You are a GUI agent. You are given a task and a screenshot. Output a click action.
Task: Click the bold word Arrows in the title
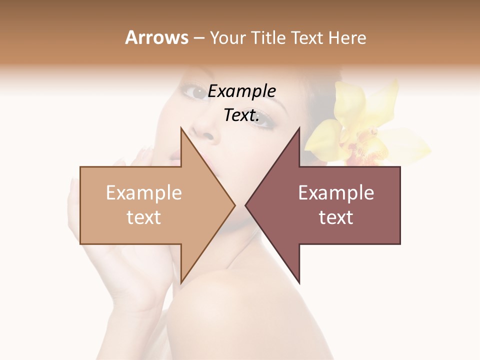tap(156, 37)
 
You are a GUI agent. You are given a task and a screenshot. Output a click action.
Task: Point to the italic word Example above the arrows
tap(241, 92)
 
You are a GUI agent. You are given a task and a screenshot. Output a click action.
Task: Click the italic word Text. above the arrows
tap(241, 115)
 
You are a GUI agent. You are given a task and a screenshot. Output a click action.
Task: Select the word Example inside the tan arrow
tap(143, 193)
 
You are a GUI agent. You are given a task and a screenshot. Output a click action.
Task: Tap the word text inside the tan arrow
tap(143, 217)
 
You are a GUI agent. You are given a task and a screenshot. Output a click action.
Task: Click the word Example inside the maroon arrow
tap(336, 193)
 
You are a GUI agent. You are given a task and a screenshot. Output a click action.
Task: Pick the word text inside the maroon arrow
tap(336, 217)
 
